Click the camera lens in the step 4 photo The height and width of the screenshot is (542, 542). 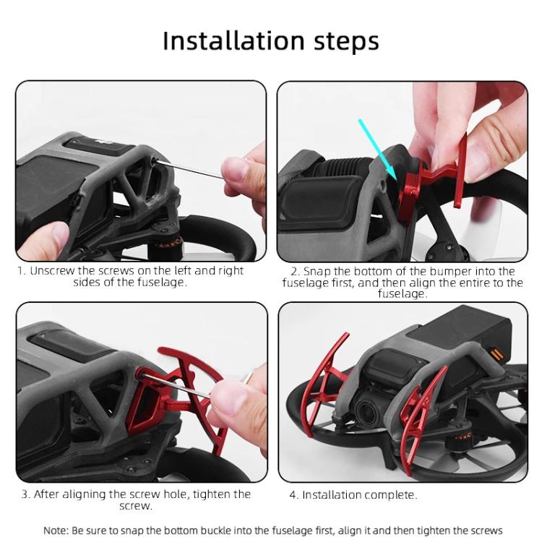(x=366, y=413)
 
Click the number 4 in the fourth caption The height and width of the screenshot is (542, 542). (x=293, y=495)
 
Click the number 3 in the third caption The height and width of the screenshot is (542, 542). (x=25, y=494)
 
